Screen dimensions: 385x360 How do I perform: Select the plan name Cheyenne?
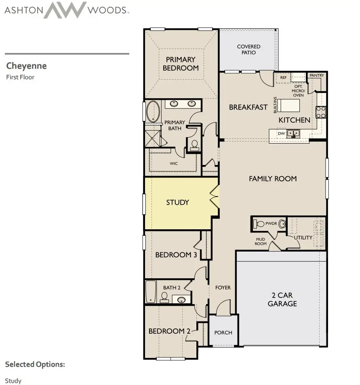click(26, 66)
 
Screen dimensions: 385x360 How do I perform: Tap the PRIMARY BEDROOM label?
click(181, 64)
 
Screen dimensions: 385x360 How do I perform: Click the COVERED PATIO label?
click(248, 49)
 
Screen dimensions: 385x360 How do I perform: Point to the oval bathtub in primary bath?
click(153, 112)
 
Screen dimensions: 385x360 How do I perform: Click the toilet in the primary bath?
click(194, 144)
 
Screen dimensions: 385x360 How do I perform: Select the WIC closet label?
click(174, 164)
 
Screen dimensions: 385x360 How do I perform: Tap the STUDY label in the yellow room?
click(177, 202)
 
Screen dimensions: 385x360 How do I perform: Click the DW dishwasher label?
click(281, 133)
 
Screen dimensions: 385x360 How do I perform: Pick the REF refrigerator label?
click(283, 77)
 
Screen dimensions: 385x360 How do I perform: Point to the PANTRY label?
click(317, 76)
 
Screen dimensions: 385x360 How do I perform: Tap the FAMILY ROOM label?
click(272, 178)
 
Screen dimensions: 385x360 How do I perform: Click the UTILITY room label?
click(303, 237)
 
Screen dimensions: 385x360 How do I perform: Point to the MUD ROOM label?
click(261, 241)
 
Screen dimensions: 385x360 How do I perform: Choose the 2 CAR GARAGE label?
click(282, 300)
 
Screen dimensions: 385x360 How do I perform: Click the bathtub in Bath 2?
click(151, 291)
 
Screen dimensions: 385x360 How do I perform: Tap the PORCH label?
click(223, 332)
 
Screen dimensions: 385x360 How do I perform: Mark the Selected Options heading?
click(35, 364)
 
